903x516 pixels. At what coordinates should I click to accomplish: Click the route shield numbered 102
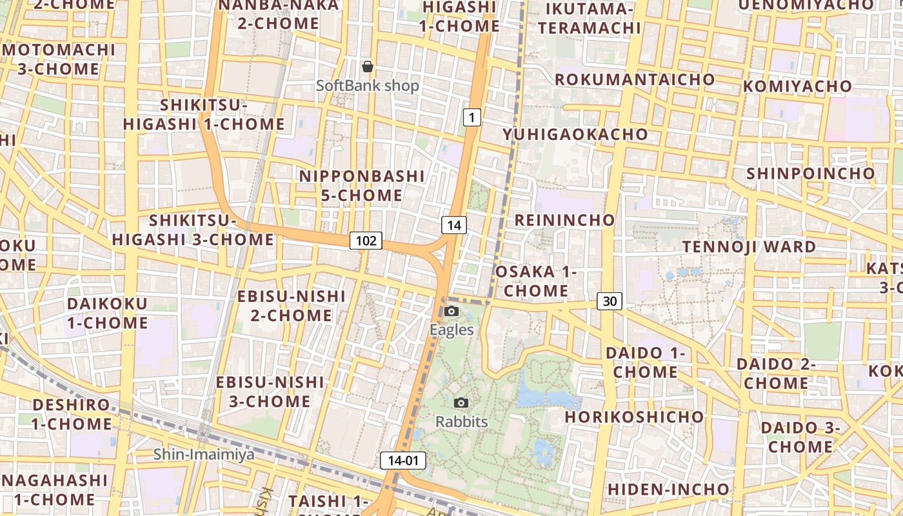click(x=366, y=241)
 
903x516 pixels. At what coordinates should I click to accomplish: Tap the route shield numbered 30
click(x=610, y=301)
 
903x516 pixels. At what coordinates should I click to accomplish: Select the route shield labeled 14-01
click(x=403, y=461)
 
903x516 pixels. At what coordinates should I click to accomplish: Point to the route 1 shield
click(x=472, y=117)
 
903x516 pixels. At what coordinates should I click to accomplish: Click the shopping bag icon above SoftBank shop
click(x=368, y=66)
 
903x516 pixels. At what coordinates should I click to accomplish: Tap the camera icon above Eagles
click(x=451, y=312)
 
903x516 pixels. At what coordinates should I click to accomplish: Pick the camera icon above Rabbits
click(x=461, y=403)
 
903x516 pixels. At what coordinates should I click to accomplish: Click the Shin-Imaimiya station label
click(x=204, y=455)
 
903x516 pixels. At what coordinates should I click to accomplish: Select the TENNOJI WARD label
click(x=749, y=246)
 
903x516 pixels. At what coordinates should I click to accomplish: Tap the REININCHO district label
click(x=564, y=220)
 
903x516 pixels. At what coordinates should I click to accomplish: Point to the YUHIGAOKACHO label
click(x=575, y=134)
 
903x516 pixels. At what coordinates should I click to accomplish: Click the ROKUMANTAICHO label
click(x=635, y=79)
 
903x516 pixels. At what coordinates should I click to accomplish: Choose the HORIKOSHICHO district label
click(x=634, y=417)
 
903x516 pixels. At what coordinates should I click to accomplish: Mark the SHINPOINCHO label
click(x=810, y=174)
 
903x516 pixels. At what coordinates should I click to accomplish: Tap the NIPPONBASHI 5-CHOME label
click(x=362, y=185)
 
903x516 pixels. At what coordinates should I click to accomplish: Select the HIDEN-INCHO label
click(x=668, y=490)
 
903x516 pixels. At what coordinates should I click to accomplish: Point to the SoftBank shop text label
click(x=368, y=86)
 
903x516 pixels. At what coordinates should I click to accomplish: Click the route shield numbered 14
click(x=454, y=225)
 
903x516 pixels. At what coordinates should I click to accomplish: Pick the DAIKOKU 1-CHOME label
click(x=108, y=313)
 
